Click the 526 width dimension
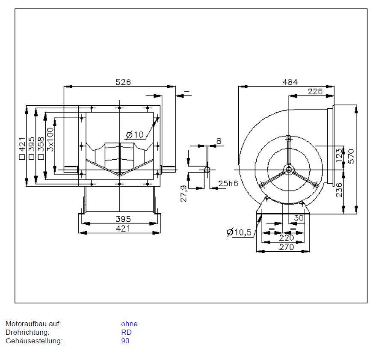(x=123, y=82)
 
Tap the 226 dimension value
(x=315, y=91)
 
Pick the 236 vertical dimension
(x=339, y=190)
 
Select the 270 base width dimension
(x=287, y=247)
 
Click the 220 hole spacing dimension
(x=287, y=238)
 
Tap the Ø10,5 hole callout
(x=240, y=232)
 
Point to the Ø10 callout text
(x=135, y=135)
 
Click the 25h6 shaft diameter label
(x=227, y=183)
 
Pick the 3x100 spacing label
(x=51, y=139)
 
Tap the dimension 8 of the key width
(x=219, y=141)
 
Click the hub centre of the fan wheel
(x=289, y=170)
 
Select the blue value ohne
(x=129, y=324)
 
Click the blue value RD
(x=126, y=332)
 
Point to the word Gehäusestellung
(x=34, y=341)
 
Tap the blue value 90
(x=125, y=341)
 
